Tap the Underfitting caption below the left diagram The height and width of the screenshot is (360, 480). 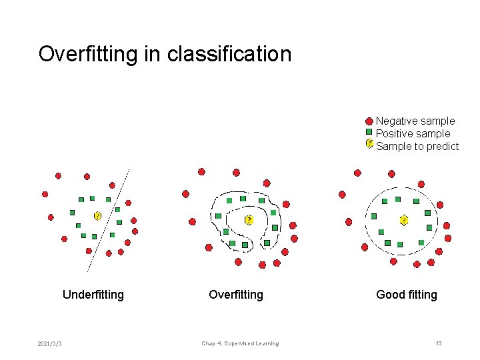click(x=93, y=295)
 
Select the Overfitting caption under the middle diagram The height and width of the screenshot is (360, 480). click(x=236, y=295)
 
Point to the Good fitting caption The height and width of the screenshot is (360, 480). click(x=407, y=295)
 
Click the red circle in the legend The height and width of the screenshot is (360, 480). click(x=369, y=121)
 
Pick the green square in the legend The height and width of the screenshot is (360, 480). click(x=369, y=133)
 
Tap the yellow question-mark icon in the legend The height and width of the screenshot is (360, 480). click(x=369, y=143)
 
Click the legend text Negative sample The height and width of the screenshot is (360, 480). click(x=415, y=121)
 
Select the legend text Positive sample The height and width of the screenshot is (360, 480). click(x=413, y=134)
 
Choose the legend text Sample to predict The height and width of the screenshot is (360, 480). click(x=417, y=147)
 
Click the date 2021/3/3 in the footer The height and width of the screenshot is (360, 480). click(x=51, y=343)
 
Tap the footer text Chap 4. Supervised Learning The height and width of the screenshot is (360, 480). click(x=240, y=343)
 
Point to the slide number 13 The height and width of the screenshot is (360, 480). click(x=439, y=343)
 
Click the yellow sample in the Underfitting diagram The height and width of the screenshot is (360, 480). click(x=97, y=216)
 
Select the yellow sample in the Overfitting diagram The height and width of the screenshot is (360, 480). click(x=249, y=220)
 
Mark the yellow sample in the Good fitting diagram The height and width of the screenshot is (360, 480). click(x=403, y=219)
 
